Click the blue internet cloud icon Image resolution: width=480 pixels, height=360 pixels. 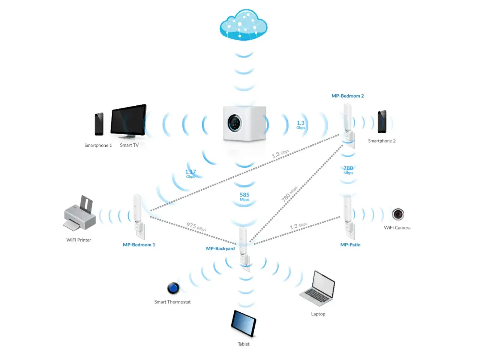(x=243, y=25)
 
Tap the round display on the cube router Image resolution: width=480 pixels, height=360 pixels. (x=235, y=123)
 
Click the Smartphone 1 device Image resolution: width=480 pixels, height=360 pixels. (x=99, y=124)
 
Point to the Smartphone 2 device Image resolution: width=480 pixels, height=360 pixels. (x=382, y=122)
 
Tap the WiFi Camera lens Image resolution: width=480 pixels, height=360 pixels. (x=398, y=214)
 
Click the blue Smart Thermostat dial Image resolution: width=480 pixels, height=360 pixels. (x=173, y=288)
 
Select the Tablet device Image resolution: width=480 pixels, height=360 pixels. (x=243, y=323)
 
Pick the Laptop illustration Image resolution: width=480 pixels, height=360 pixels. (x=317, y=288)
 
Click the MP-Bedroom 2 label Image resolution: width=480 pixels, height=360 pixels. (x=348, y=96)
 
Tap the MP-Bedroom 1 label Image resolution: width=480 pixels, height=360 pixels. (x=139, y=244)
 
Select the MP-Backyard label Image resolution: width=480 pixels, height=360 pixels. (x=220, y=249)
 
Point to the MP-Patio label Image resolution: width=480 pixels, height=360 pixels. (x=350, y=244)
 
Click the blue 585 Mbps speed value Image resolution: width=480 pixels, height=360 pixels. (x=244, y=196)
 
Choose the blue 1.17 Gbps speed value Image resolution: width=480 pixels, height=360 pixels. (x=190, y=174)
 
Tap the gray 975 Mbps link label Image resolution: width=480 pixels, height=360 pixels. (x=196, y=226)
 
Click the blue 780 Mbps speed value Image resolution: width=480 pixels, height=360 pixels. (x=348, y=170)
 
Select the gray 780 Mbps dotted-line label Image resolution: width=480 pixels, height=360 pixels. (x=289, y=194)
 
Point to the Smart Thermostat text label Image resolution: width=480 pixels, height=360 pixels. (x=172, y=302)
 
